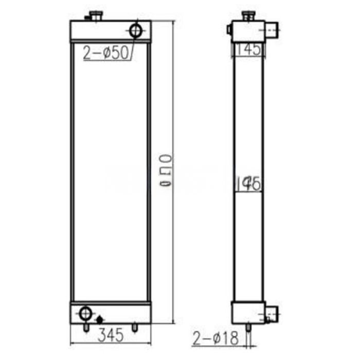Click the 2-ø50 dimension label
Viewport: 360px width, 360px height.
[105, 53]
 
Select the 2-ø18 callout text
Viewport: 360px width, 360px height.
[216, 338]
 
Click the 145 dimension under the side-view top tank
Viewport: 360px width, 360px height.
[249, 49]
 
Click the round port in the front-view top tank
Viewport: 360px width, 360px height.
[136, 30]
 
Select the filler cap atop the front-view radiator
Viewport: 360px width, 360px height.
[96, 15]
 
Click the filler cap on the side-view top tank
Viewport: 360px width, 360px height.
[248, 15]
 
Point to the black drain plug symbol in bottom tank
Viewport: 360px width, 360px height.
[99, 319]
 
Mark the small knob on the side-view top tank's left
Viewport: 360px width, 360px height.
[229, 30]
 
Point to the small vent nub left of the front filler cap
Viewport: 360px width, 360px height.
[87, 20]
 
